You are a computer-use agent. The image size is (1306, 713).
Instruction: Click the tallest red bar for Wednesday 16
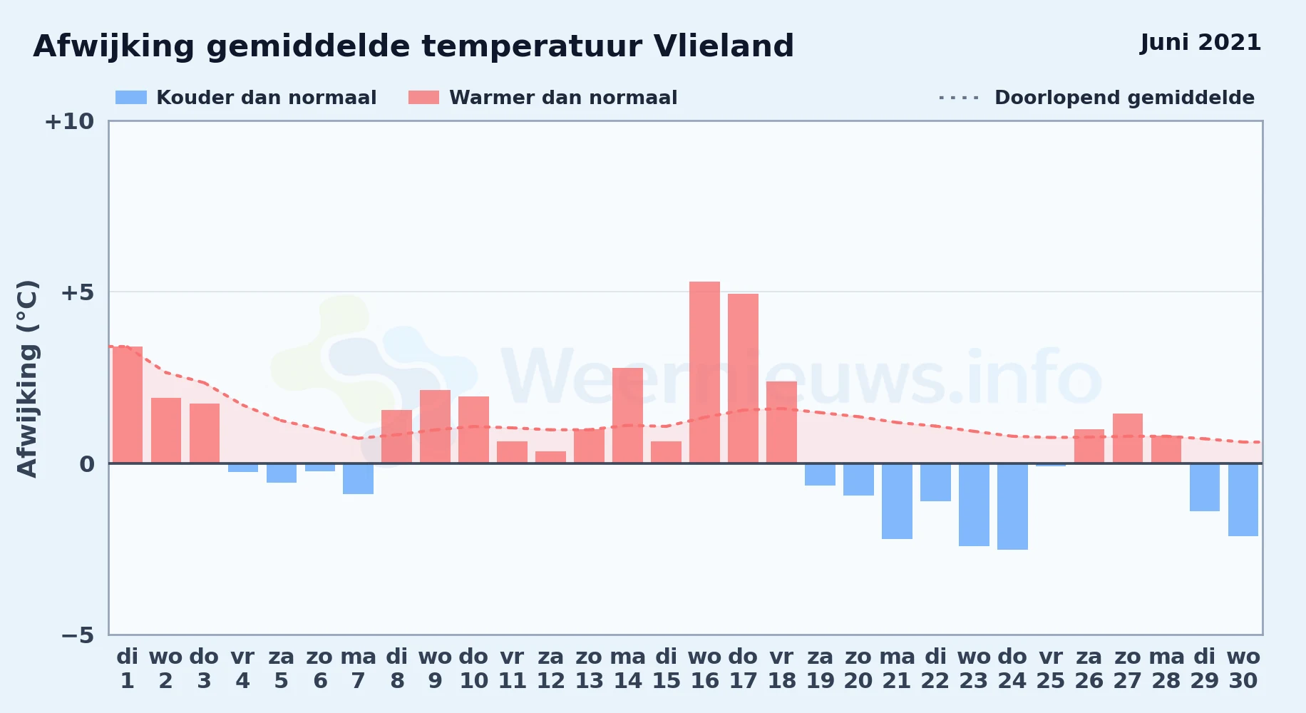pyautogui.click(x=704, y=372)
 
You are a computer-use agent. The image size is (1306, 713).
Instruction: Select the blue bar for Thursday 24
pyautogui.click(x=1012, y=506)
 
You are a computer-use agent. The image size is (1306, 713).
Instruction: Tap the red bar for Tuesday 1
pyautogui.click(x=128, y=405)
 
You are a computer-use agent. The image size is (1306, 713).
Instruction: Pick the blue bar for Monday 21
pyautogui.click(x=897, y=501)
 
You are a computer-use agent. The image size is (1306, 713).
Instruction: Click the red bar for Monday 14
pyautogui.click(x=627, y=416)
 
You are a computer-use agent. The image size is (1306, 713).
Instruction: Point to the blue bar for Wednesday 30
pyautogui.click(x=1243, y=500)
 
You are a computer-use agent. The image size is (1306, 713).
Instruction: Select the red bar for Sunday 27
pyautogui.click(x=1128, y=438)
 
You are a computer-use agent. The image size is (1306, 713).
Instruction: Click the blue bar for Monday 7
pyautogui.click(x=358, y=478)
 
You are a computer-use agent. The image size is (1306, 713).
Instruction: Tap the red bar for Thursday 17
pyautogui.click(x=743, y=379)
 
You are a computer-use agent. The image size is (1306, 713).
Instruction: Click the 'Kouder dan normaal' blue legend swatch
pyautogui.click(x=131, y=98)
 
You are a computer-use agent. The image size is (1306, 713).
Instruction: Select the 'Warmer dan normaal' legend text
pyautogui.click(x=563, y=98)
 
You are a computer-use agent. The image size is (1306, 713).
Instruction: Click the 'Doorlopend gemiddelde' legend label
pyautogui.click(x=1124, y=98)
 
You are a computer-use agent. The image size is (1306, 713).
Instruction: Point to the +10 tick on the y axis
pyautogui.click(x=69, y=121)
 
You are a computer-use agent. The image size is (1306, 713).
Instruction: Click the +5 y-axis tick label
pyautogui.click(x=77, y=292)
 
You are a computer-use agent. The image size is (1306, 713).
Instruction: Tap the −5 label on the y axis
pyautogui.click(x=77, y=635)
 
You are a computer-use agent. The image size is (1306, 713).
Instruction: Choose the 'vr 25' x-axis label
pyautogui.click(x=1051, y=669)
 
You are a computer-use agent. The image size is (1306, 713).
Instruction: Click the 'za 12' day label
pyautogui.click(x=550, y=669)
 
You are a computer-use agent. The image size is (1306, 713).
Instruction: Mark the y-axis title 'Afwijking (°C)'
pyautogui.click(x=27, y=379)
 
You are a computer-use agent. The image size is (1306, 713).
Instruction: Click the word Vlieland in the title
pyautogui.click(x=724, y=46)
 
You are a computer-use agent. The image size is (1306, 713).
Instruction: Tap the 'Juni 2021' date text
pyautogui.click(x=1200, y=43)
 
